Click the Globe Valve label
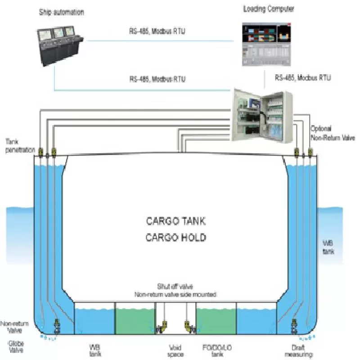pyautogui.click(x=13, y=346)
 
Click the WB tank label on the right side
pyautogui.click(x=328, y=247)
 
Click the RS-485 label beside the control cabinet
pyautogui.click(x=303, y=78)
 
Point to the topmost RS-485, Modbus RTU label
pyautogui.click(x=157, y=32)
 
